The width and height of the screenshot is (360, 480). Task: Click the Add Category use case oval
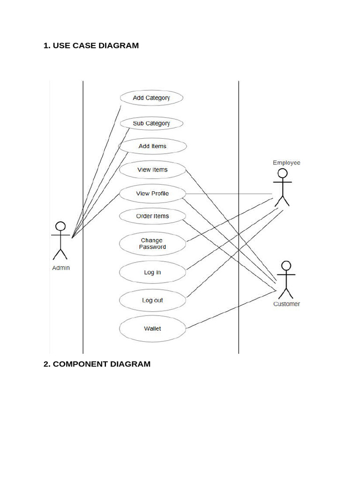(x=151, y=98)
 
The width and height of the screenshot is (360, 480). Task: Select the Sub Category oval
(x=151, y=123)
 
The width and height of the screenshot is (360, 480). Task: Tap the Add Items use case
(x=152, y=146)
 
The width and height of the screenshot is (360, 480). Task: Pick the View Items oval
(x=152, y=170)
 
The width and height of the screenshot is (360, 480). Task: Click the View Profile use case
(x=152, y=193)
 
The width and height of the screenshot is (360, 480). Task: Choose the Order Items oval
(x=152, y=216)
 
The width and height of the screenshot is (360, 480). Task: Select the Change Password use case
(x=152, y=244)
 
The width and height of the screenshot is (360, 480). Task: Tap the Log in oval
(x=152, y=272)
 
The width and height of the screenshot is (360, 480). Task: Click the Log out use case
(x=152, y=300)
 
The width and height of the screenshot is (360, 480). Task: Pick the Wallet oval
(x=152, y=329)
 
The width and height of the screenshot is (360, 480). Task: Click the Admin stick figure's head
(x=60, y=226)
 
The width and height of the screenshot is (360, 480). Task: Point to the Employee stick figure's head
(x=281, y=173)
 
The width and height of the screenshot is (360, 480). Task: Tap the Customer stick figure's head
(x=286, y=265)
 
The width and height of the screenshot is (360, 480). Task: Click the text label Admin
(x=60, y=268)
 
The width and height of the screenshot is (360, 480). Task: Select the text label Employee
(x=286, y=163)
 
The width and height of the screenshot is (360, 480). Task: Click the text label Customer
(x=286, y=304)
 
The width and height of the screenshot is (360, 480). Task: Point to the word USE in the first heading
(x=61, y=45)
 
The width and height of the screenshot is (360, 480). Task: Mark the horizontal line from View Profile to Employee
(x=230, y=194)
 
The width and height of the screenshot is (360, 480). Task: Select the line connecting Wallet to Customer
(x=230, y=309)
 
